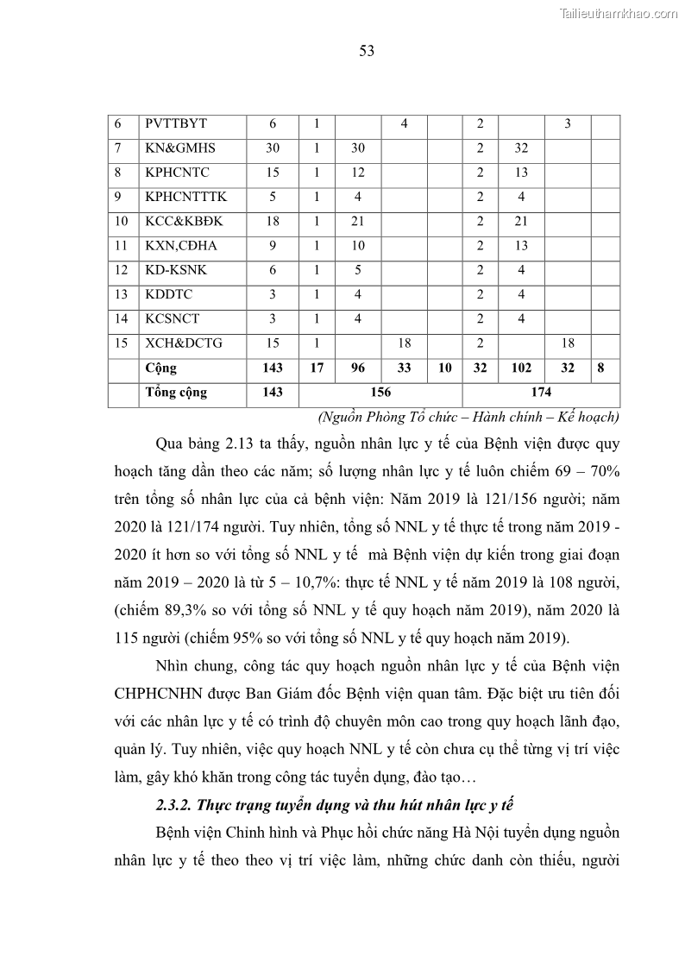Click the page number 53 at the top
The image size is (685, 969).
tap(366, 51)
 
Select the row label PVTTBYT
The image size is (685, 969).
tap(176, 123)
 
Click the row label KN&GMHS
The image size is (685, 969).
tap(179, 148)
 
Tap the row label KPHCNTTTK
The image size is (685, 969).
tap(186, 197)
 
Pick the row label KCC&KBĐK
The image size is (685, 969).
tap(184, 221)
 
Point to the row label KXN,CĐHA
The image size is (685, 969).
tap(181, 245)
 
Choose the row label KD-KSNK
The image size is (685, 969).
tap(177, 270)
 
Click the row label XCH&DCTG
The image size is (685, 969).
tap(184, 343)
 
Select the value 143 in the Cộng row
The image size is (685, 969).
tap(272, 368)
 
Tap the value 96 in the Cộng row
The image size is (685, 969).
tap(359, 368)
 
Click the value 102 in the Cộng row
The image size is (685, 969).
tap(521, 368)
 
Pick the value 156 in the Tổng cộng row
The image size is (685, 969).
tap(380, 393)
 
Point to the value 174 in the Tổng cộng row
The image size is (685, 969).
tap(541, 393)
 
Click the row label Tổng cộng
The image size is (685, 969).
tap(176, 393)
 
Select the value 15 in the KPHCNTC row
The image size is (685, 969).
tap(272, 172)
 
